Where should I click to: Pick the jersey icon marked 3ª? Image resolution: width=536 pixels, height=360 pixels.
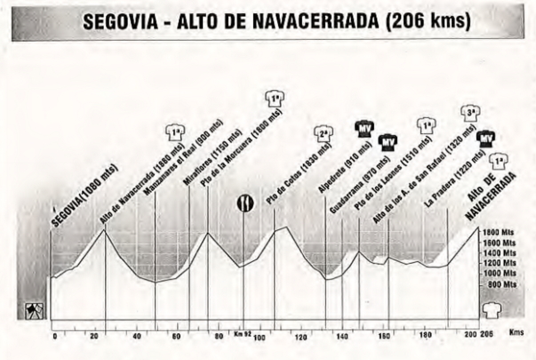[472, 114]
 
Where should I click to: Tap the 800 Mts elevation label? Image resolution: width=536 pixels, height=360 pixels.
[501, 285]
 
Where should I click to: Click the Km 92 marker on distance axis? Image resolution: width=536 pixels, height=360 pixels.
[244, 334]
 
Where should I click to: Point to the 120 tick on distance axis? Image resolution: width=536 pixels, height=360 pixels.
[300, 336]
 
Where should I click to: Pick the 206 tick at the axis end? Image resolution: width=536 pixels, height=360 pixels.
[485, 336]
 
